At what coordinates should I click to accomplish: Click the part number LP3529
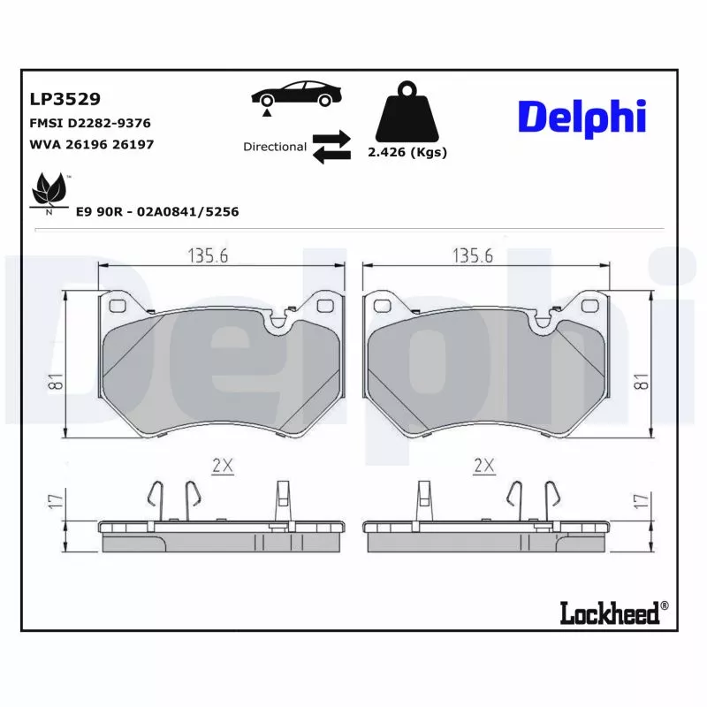(x=65, y=99)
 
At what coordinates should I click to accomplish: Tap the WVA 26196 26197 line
(x=92, y=144)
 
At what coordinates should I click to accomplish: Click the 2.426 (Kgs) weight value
(x=407, y=152)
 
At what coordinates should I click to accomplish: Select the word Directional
(x=275, y=147)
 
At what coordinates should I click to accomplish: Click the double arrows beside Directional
(x=331, y=147)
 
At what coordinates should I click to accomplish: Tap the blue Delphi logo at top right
(x=582, y=118)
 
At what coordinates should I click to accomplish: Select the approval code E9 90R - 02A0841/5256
(x=157, y=212)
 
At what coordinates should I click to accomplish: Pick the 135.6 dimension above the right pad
(x=473, y=255)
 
